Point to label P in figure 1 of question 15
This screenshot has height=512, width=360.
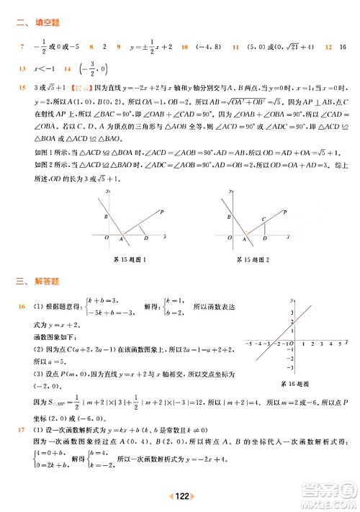[161, 211]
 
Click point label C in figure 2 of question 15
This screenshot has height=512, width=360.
[264, 217]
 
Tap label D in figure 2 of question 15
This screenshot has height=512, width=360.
[266, 238]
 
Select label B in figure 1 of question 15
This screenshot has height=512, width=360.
[105, 216]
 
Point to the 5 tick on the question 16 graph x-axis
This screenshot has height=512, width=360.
[339, 344]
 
